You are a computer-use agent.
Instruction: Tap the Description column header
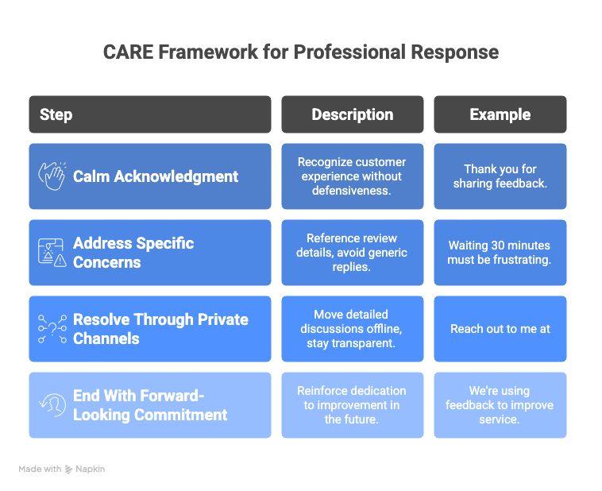click(x=352, y=114)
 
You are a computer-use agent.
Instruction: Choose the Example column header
click(x=500, y=114)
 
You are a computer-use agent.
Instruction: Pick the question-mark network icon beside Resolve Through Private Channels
click(x=52, y=329)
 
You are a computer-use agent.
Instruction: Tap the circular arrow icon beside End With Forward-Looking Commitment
click(x=52, y=405)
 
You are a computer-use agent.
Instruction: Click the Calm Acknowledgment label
click(x=156, y=176)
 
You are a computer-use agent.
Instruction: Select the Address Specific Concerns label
click(x=133, y=253)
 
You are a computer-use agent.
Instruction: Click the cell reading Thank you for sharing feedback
click(x=500, y=176)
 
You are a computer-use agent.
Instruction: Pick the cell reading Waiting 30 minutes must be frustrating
click(x=500, y=253)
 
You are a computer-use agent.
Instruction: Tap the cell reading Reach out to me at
click(x=500, y=329)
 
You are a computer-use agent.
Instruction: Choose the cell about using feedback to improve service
click(x=500, y=405)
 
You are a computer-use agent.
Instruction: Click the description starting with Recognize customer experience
click(x=352, y=176)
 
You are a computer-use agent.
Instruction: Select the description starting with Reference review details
click(x=352, y=253)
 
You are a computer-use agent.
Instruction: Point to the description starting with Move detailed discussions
click(x=352, y=329)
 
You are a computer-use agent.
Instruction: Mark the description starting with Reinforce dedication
click(x=352, y=405)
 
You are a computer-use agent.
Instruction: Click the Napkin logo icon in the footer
click(x=69, y=470)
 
